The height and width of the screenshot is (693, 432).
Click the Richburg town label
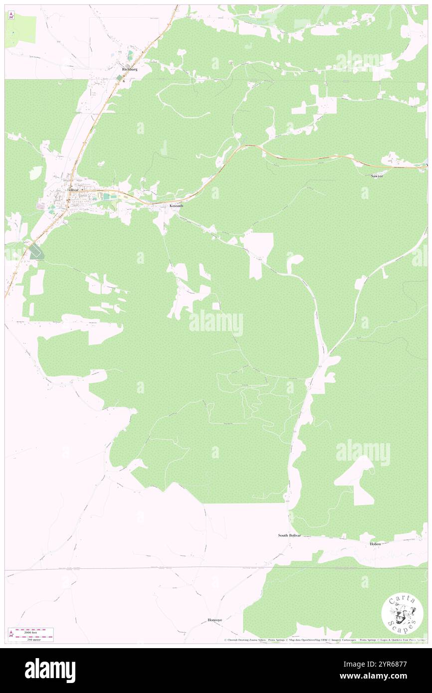tap(129, 69)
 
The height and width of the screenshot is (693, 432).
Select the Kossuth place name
tap(176, 205)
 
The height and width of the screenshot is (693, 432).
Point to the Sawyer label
tap(377, 176)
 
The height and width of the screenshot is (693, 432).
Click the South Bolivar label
tap(290, 535)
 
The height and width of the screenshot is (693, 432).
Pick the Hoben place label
tap(375, 543)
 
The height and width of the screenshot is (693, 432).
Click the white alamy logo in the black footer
tap(50, 671)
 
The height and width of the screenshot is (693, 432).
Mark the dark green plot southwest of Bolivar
tap(35, 252)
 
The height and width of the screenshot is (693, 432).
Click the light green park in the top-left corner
tap(20, 31)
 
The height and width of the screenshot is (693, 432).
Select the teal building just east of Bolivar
tap(106, 197)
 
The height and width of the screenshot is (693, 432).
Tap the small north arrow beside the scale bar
tap(10, 634)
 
